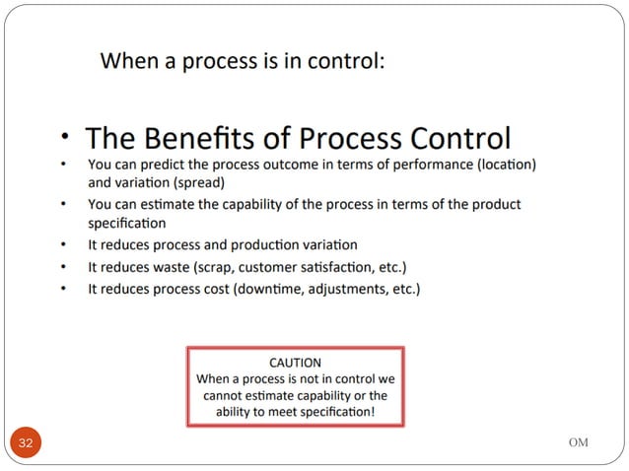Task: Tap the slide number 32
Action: coord(27,443)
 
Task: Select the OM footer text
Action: coord(578,442)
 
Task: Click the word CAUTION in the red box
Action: coord(295,362)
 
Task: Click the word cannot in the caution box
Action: coord(224,394)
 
